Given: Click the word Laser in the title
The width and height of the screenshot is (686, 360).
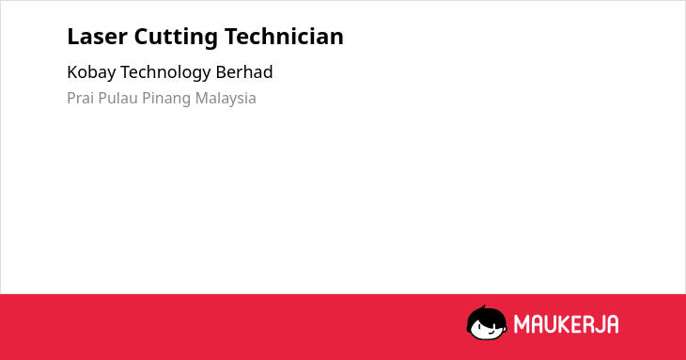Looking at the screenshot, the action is (x=97, y=37).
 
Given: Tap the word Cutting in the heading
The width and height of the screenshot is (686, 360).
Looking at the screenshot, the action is (x=176, y=38).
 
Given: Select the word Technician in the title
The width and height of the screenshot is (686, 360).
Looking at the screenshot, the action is (x=284, y=37).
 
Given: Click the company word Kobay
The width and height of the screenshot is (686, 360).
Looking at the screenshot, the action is (x=91, y=72).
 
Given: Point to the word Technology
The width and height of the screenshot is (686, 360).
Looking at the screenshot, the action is (x=165, y=72).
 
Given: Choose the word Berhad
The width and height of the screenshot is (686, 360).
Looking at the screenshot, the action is (x=244, y=71).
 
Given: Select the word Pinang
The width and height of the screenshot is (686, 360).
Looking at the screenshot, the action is (x=166, y=99).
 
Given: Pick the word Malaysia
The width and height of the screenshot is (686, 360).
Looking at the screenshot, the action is (x=226, y=99).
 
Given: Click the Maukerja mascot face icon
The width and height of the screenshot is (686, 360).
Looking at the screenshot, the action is (x=487, y=322).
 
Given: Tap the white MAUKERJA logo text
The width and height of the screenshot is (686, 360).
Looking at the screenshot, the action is (x=566, y=324).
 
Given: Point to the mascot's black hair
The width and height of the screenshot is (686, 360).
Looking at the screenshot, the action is (x=487, y=315).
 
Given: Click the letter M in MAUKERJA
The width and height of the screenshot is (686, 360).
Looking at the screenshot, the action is (x=522, y=324).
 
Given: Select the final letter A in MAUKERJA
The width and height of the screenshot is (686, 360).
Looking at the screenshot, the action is (x=612, y=324).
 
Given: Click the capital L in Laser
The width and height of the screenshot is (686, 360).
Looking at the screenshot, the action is (x=72, y=37).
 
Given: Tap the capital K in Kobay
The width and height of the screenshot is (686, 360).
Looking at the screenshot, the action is (x=72, y=72).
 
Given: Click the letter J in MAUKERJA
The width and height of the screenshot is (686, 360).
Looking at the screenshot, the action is (x=598, y=324).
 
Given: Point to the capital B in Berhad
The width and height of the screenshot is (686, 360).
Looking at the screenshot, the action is (x=221, y=72).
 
